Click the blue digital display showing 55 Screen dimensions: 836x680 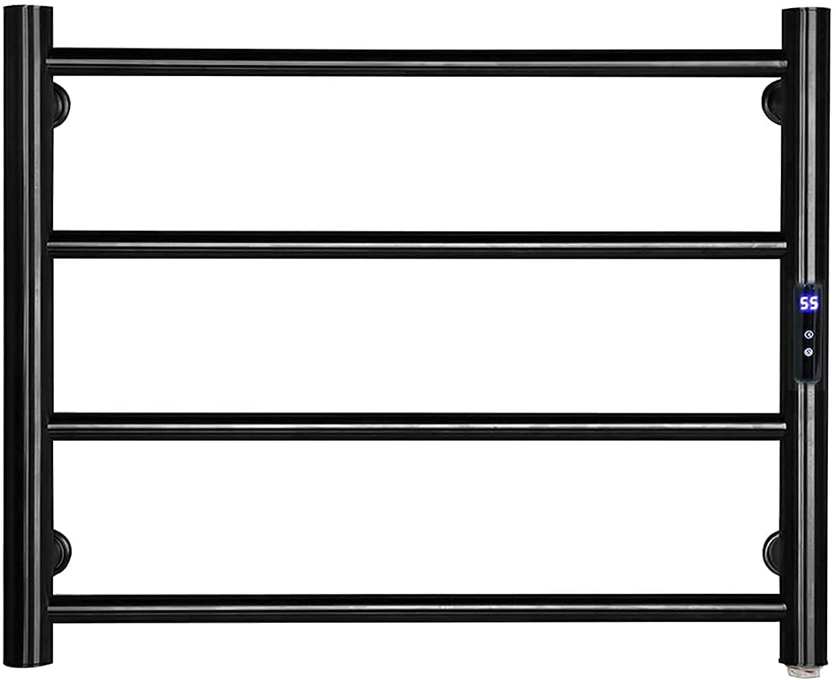coord(808,303)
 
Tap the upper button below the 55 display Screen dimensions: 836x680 coord(808,335)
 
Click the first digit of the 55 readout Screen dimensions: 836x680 coord(804,303)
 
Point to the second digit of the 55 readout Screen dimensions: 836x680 coord(813,303)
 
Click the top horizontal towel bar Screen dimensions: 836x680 coord(416,63)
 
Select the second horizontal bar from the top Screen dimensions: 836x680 coord(416,244)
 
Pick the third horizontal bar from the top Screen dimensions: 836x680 coord(416,426)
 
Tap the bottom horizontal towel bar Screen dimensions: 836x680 coord(416,608)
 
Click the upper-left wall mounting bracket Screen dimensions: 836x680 coord(61,104)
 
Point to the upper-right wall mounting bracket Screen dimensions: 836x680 coord(771,102)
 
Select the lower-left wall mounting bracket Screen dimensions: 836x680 coord(62,552)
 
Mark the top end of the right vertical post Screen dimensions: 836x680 coord(806,11)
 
